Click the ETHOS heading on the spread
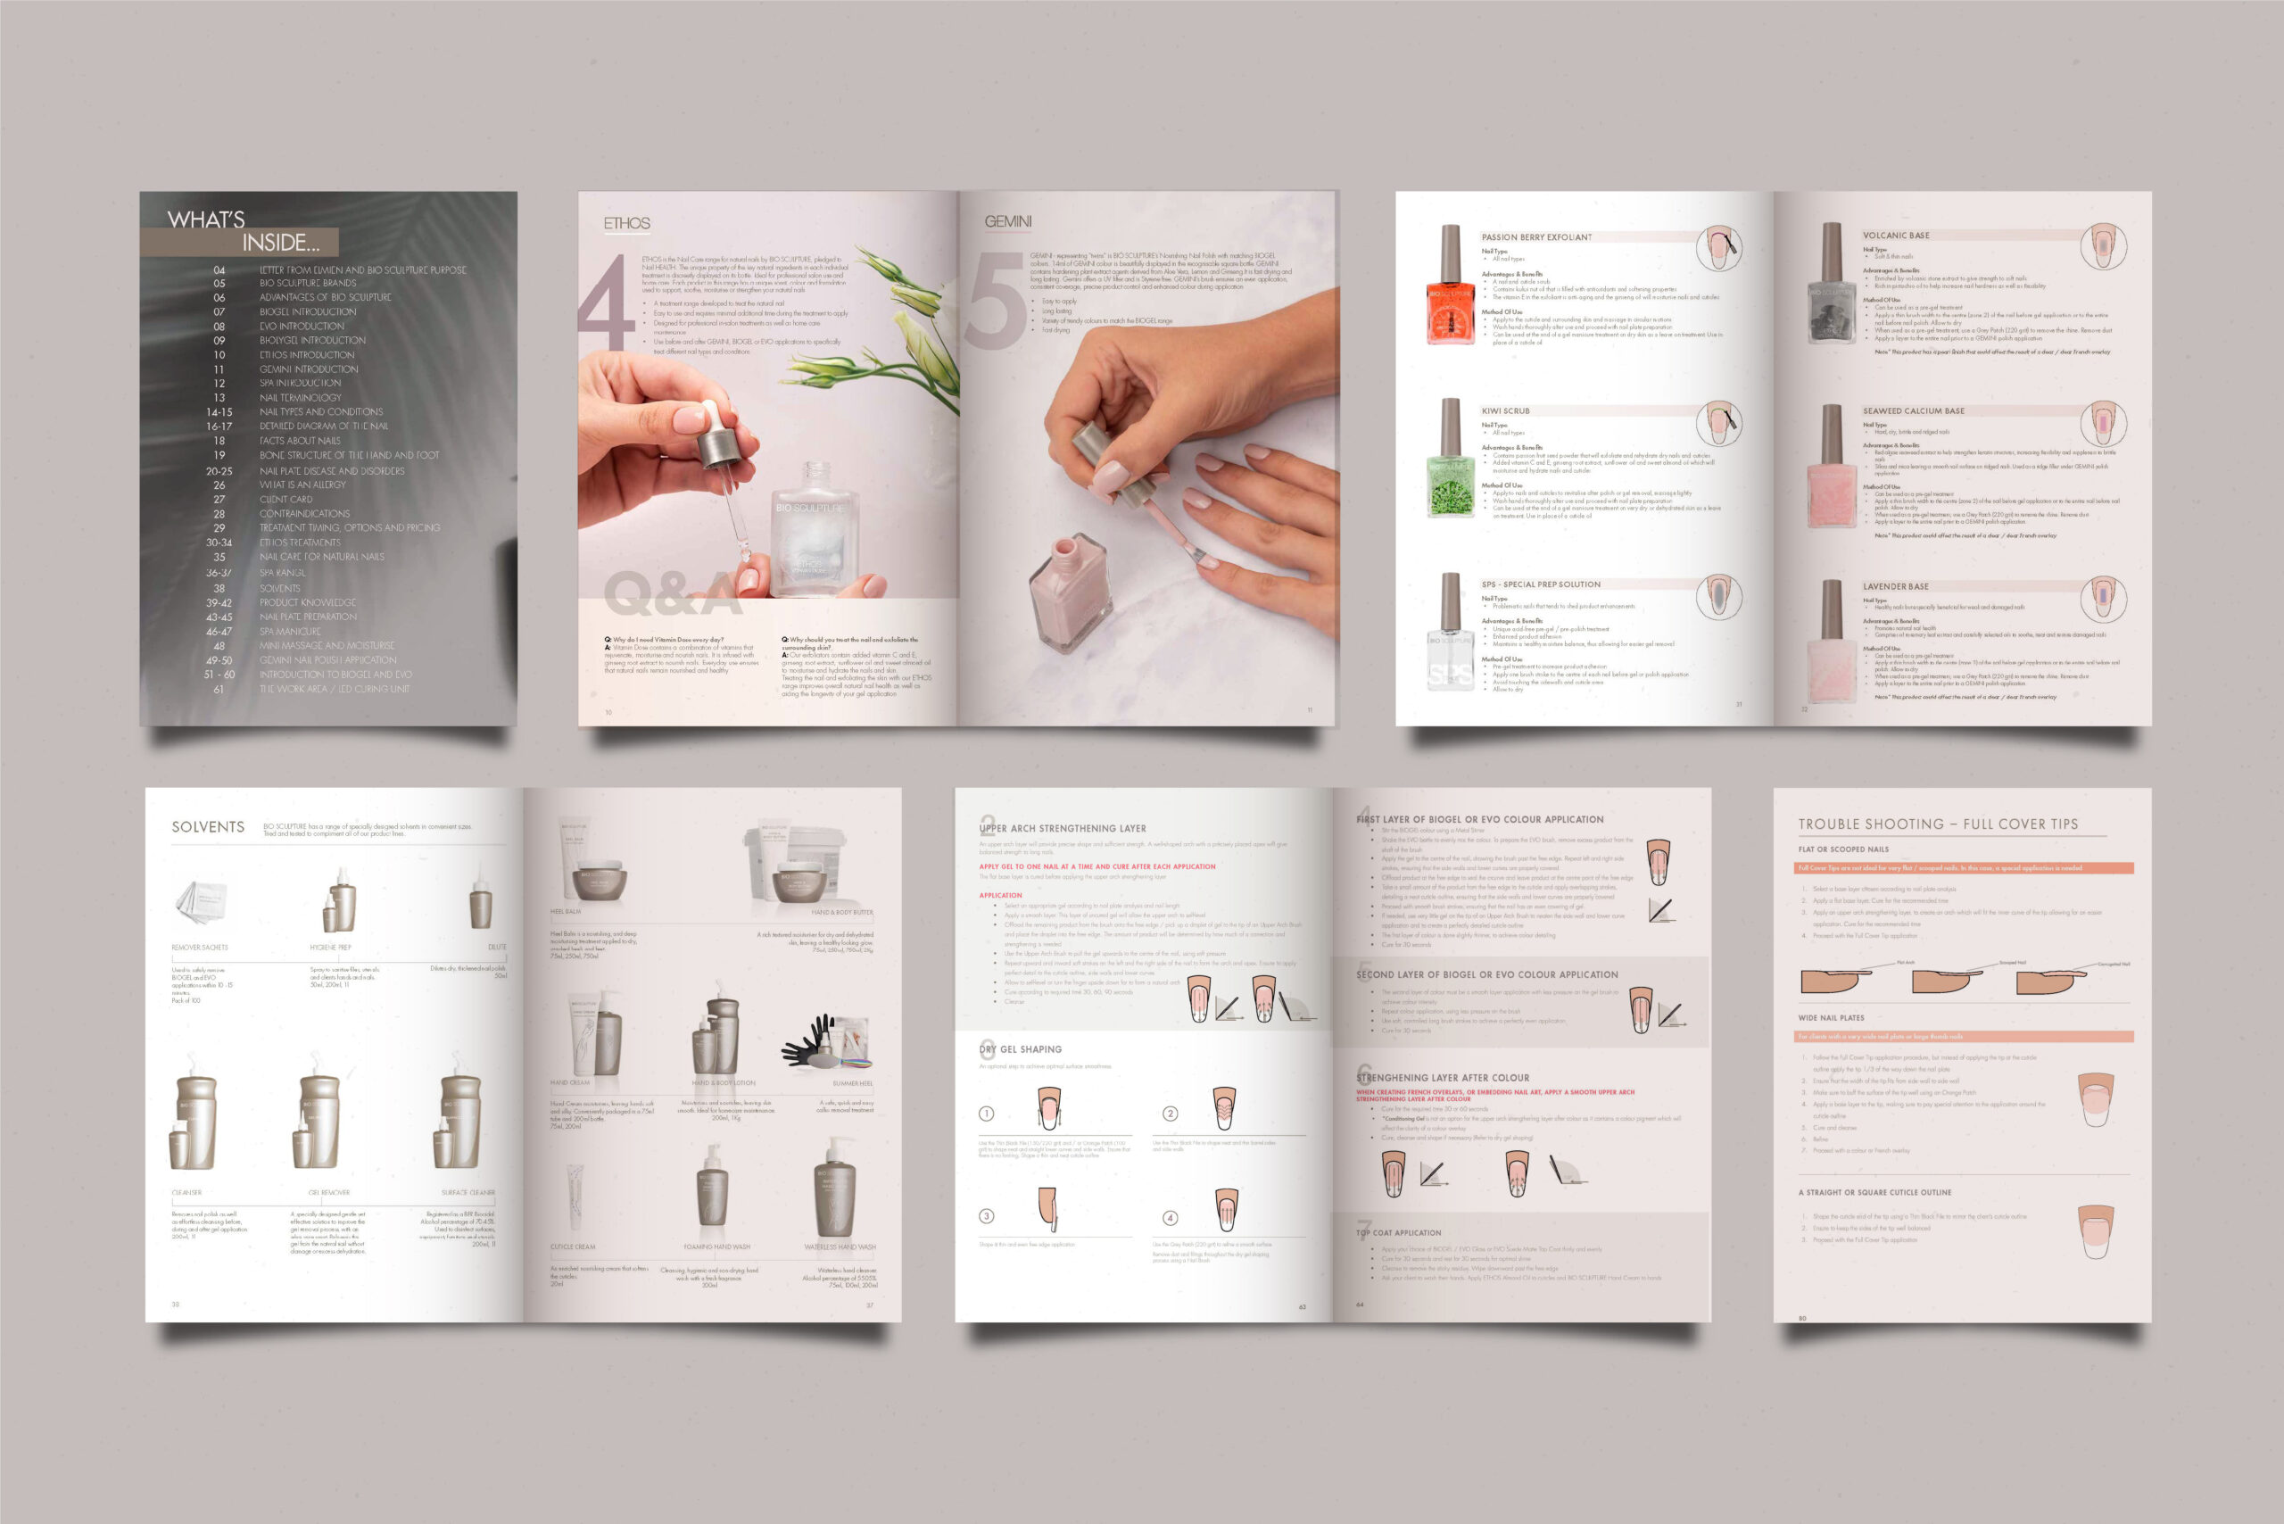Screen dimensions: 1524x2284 627,224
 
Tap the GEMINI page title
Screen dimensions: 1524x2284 1008,221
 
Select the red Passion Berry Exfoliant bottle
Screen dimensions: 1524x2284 1450,286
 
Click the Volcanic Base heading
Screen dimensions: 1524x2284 1896,236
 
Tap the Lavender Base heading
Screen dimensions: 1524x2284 1895,587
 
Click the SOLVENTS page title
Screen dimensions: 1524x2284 208,827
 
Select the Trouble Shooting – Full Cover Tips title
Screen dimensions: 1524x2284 1938,824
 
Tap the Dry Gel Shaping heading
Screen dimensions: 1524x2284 1021,1049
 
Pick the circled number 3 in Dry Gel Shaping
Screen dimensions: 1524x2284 987,1216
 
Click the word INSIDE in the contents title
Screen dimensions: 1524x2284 280,243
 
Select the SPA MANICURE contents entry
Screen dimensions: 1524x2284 290,632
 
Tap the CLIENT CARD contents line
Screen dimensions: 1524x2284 285,500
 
